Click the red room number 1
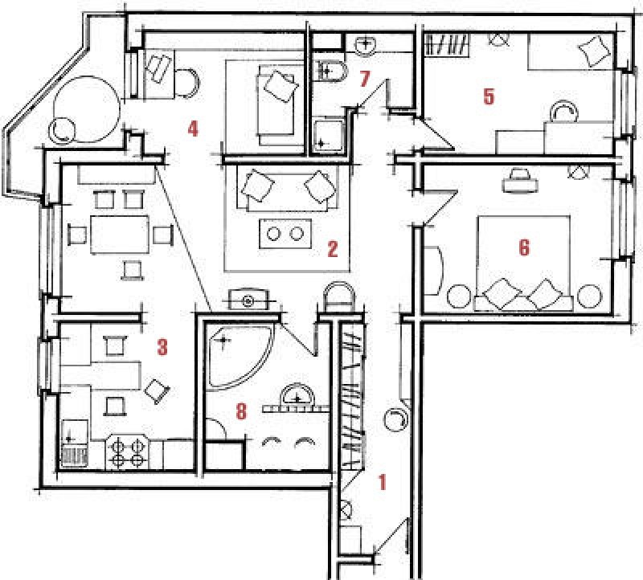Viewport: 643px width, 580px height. point(383,482)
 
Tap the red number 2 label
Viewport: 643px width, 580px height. point(333,249)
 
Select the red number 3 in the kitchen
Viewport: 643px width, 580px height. point(163,347)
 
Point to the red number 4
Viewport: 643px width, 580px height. point(193,129)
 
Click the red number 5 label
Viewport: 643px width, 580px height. point(489,96)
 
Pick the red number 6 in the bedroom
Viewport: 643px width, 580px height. point(524,247)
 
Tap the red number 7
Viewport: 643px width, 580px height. point(365,79)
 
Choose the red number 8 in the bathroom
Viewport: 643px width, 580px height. point(242,410)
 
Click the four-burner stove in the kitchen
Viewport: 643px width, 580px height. point(128,452)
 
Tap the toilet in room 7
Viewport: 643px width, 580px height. point(330,71)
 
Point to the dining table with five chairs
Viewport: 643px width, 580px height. point(119,235)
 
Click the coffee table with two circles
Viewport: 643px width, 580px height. point(285,233)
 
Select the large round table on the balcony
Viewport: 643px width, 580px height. point(87,109)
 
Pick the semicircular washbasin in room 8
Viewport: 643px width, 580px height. point(297,396)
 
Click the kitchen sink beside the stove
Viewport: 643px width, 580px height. point(74,443)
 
